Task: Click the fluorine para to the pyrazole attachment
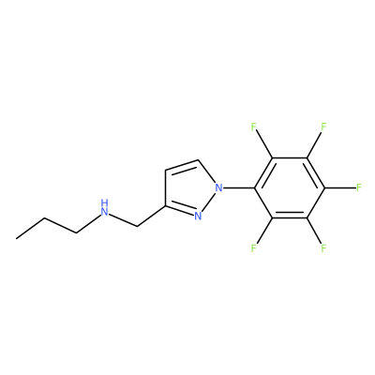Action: coord(359,187)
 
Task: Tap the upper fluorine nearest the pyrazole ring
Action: coord(253,127)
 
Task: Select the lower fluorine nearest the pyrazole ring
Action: coord(253,248)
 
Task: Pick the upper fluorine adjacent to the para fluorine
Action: coord(323,127)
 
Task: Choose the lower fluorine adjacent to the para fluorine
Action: coord(323,248)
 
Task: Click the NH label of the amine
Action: coord(105,208)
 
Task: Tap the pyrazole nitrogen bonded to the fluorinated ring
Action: coord(219,187)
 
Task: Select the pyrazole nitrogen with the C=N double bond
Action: coord(197,216)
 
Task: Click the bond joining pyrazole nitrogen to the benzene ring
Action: coord(240,187)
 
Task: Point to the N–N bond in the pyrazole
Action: coord(208,202)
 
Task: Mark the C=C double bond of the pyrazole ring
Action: coord(182,166)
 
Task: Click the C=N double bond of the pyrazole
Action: coord(179,211)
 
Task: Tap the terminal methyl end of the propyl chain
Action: coord(17,239)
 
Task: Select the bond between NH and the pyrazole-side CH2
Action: coord(124,219)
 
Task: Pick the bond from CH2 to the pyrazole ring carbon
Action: coord(152,217)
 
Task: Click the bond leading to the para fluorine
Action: coord(340,187)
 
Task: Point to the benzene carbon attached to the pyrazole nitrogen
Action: coord(255,187)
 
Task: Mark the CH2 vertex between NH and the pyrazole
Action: coord(137,226)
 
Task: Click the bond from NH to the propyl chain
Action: coord(88,223)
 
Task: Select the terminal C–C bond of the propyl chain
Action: coord(31,229)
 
